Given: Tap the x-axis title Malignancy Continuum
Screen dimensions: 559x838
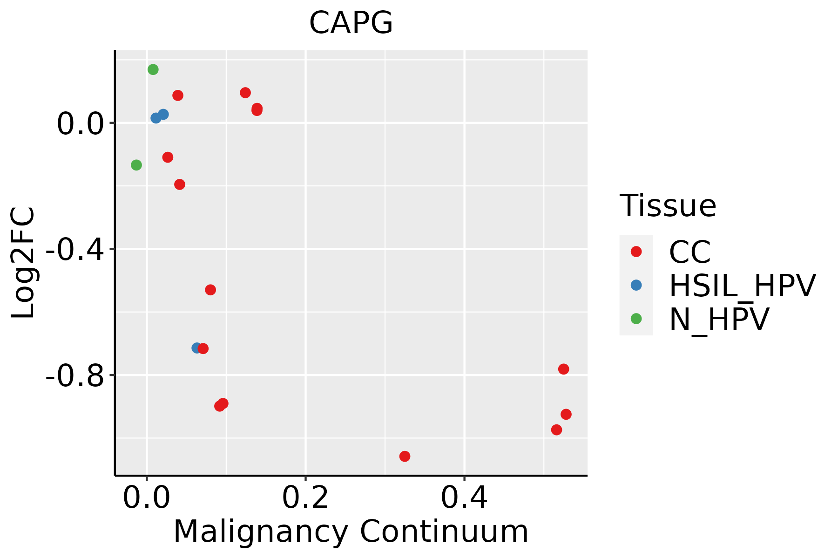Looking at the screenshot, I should (x=351, y=532).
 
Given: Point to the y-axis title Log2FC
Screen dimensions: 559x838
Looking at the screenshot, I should (x=23, y=263).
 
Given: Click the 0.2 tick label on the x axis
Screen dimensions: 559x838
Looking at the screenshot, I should (x=305, y=498).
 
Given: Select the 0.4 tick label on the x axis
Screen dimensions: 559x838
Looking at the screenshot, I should (x=464, y=498).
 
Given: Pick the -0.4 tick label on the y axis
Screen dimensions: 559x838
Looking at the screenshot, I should (x=74, y=250).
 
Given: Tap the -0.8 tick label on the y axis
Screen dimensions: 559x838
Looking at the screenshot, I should (x=74, y=376).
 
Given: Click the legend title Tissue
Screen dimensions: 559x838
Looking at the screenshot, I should (x=668, y=205).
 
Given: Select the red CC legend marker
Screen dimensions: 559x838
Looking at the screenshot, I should (x=636, y=252).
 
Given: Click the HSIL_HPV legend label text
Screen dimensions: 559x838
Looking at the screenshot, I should (x=742, y=286).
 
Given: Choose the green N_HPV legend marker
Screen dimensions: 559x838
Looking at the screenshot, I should (x=636, y=319).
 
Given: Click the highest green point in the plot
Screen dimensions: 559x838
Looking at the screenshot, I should (x=153, y=69).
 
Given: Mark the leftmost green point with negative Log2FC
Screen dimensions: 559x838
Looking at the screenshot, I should (x=136, y=165).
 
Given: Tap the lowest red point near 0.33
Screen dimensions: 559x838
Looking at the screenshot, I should (x=405, y=456).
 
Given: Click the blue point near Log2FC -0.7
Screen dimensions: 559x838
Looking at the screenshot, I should (x=196, y=348).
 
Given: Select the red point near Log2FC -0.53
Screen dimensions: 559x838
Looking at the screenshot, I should (x=210, y=290).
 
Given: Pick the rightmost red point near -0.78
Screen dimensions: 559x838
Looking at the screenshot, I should (x=563, y=369).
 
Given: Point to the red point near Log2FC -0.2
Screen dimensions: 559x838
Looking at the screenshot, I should (x=180, y=184).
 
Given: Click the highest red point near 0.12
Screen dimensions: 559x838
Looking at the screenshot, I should (x=245, y=93).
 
